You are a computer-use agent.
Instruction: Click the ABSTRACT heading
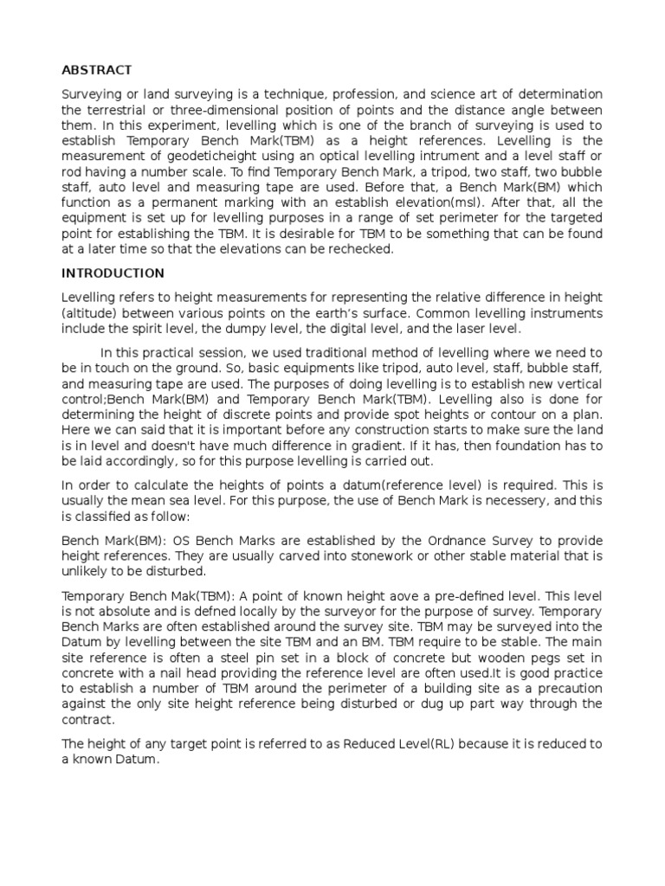pyautogui.click(x=95, y=70)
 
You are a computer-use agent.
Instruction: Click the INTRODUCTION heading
pyautogui.click(x=113, y=273)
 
